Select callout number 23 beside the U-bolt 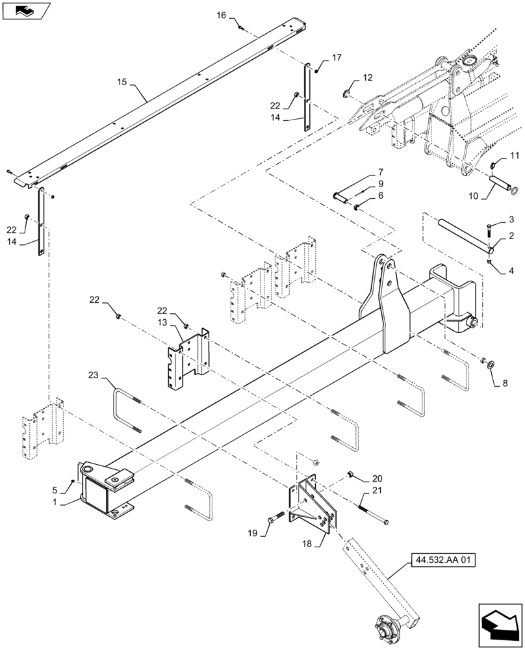(x=95, y=375)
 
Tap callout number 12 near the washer (x=368, y=78)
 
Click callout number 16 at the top (x=222, y=15)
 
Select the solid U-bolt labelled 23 (x=127, y=409)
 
